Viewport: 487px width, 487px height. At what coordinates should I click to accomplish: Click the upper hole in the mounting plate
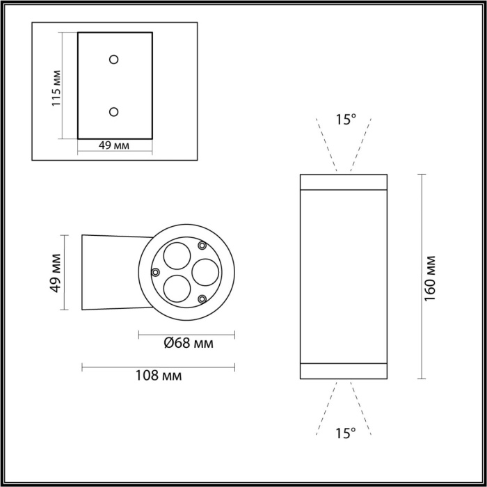click(x=114, y=59)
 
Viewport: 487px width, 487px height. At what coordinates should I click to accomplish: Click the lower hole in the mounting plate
click(x=114, y=111)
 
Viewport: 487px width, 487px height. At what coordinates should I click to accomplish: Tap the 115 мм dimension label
click(x=58, y=87)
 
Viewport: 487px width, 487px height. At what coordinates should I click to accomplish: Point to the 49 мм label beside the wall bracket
click(x=58, y=272)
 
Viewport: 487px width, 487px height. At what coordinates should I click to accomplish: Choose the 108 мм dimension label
click(x=159, y=376)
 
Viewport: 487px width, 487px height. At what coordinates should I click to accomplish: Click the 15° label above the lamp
click(x=345, y=120)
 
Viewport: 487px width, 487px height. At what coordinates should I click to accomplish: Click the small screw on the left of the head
click(x=157, y=272)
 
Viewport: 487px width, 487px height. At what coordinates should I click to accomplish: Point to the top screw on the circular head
click(x=202, y=245)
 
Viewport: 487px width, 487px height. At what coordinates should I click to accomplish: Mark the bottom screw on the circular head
click(x=202, y=299)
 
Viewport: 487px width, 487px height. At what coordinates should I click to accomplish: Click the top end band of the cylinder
click(x=343, y=182)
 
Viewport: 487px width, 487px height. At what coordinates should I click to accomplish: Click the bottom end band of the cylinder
click(x=343, y=372)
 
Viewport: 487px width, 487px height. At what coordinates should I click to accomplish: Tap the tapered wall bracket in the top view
click(x=111, y=272)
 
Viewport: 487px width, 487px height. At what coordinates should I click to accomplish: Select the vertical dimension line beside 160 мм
click(x=421, y=276)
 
